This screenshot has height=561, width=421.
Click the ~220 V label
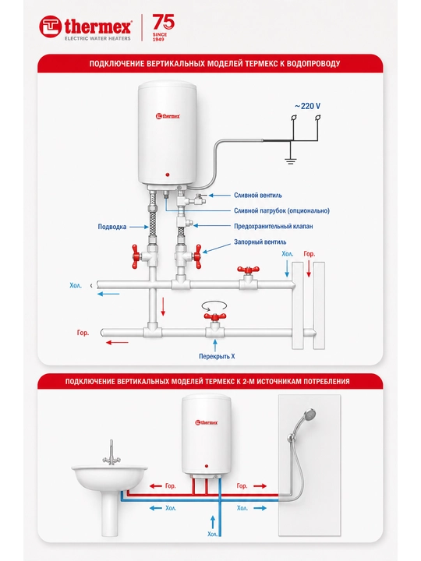click(x=307, y=106)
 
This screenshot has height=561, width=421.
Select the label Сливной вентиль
click(x=258, y=196)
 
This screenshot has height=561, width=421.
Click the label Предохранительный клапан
click(x=274, y=226)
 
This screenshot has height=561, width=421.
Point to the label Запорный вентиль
click(x=260, y=242)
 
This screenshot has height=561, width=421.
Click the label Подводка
click(x=112, y=227)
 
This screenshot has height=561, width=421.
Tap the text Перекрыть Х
click(x=217, y=356)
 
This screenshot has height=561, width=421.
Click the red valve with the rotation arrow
click(x=215, y=316)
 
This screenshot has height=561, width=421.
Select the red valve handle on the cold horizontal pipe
click(x=248, y=270)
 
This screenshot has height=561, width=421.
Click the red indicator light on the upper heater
click(x=168, y=175)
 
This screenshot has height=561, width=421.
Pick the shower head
click(x=310, y=415)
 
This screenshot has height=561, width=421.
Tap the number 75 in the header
click(x=164, y=22)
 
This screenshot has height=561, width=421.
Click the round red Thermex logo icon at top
click(x=50, y=26)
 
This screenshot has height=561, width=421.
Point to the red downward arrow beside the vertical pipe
click(x=163, y=306)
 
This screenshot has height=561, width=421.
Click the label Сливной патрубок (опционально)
click(x=281, y=210)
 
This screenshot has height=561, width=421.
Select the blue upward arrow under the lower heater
click(x=213, y=522)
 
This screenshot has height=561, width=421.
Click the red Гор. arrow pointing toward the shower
click(x=260, y=486)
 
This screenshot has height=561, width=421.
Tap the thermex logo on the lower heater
click(x=206, y=422)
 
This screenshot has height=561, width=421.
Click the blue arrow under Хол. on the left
click(x=108, y=294)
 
